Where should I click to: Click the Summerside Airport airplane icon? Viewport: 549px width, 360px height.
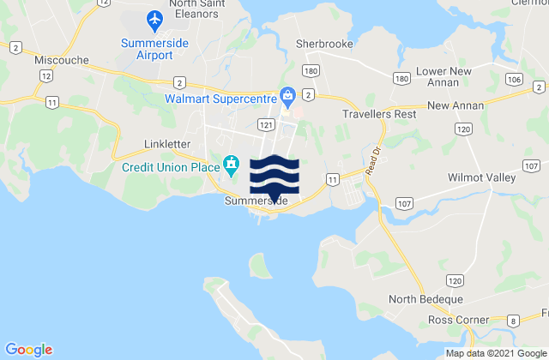[x=154, y=18]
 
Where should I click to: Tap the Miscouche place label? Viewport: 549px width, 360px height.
[x=57, y=61]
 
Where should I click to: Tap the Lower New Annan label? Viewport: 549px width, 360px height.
[x=443, y=75]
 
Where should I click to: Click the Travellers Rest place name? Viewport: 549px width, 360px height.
[x=379, y=113]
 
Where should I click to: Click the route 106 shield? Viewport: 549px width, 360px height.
[x=514, y=79]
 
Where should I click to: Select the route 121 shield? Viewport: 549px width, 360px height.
[x=267, y=125]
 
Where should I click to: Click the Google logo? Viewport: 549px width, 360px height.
[x=28, y=350]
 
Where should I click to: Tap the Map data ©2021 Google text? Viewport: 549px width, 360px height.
[x=495, y=354]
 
